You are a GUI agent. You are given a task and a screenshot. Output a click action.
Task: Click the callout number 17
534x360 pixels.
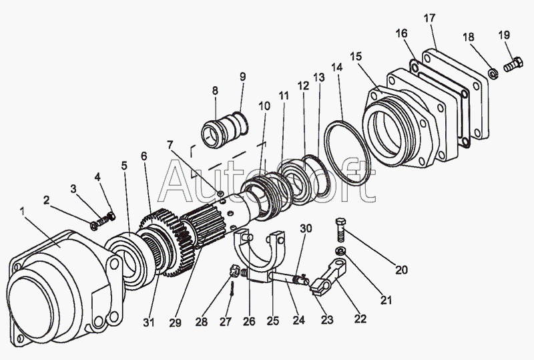[x=429, y=18]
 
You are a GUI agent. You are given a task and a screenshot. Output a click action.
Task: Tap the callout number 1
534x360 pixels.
[x=23, y=212]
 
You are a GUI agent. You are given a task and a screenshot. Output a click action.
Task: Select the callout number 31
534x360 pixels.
[x=148, y=322]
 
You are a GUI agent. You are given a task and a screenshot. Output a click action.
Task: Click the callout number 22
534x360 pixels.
[x=360, y=319]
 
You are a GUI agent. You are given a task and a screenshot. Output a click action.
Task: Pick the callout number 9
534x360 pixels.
[x=242, y=76]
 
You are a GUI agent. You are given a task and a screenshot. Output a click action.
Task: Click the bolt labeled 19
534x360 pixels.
[x=513, y=64]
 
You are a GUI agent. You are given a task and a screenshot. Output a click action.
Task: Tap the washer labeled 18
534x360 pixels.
[x=493, y=73]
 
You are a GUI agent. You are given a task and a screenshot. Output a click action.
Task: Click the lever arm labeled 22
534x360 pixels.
[x=328, y=276]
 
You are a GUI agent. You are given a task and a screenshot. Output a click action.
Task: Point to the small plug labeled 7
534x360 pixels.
[x=221, y=194]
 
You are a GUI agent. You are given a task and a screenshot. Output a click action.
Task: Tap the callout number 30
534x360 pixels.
[x=306, y=228]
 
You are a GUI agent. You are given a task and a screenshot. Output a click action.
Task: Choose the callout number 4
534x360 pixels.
[x=97, y=177]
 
